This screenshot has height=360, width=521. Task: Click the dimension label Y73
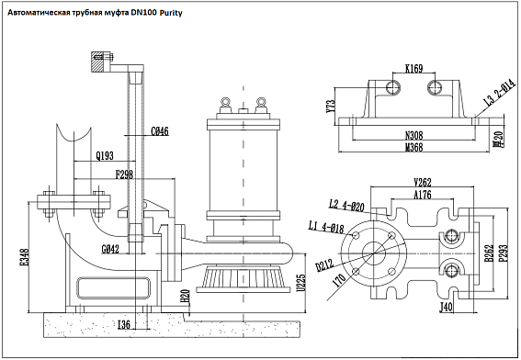331,105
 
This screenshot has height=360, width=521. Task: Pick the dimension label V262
424,181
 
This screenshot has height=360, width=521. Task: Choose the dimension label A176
423,194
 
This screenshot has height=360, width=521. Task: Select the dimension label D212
325,266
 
